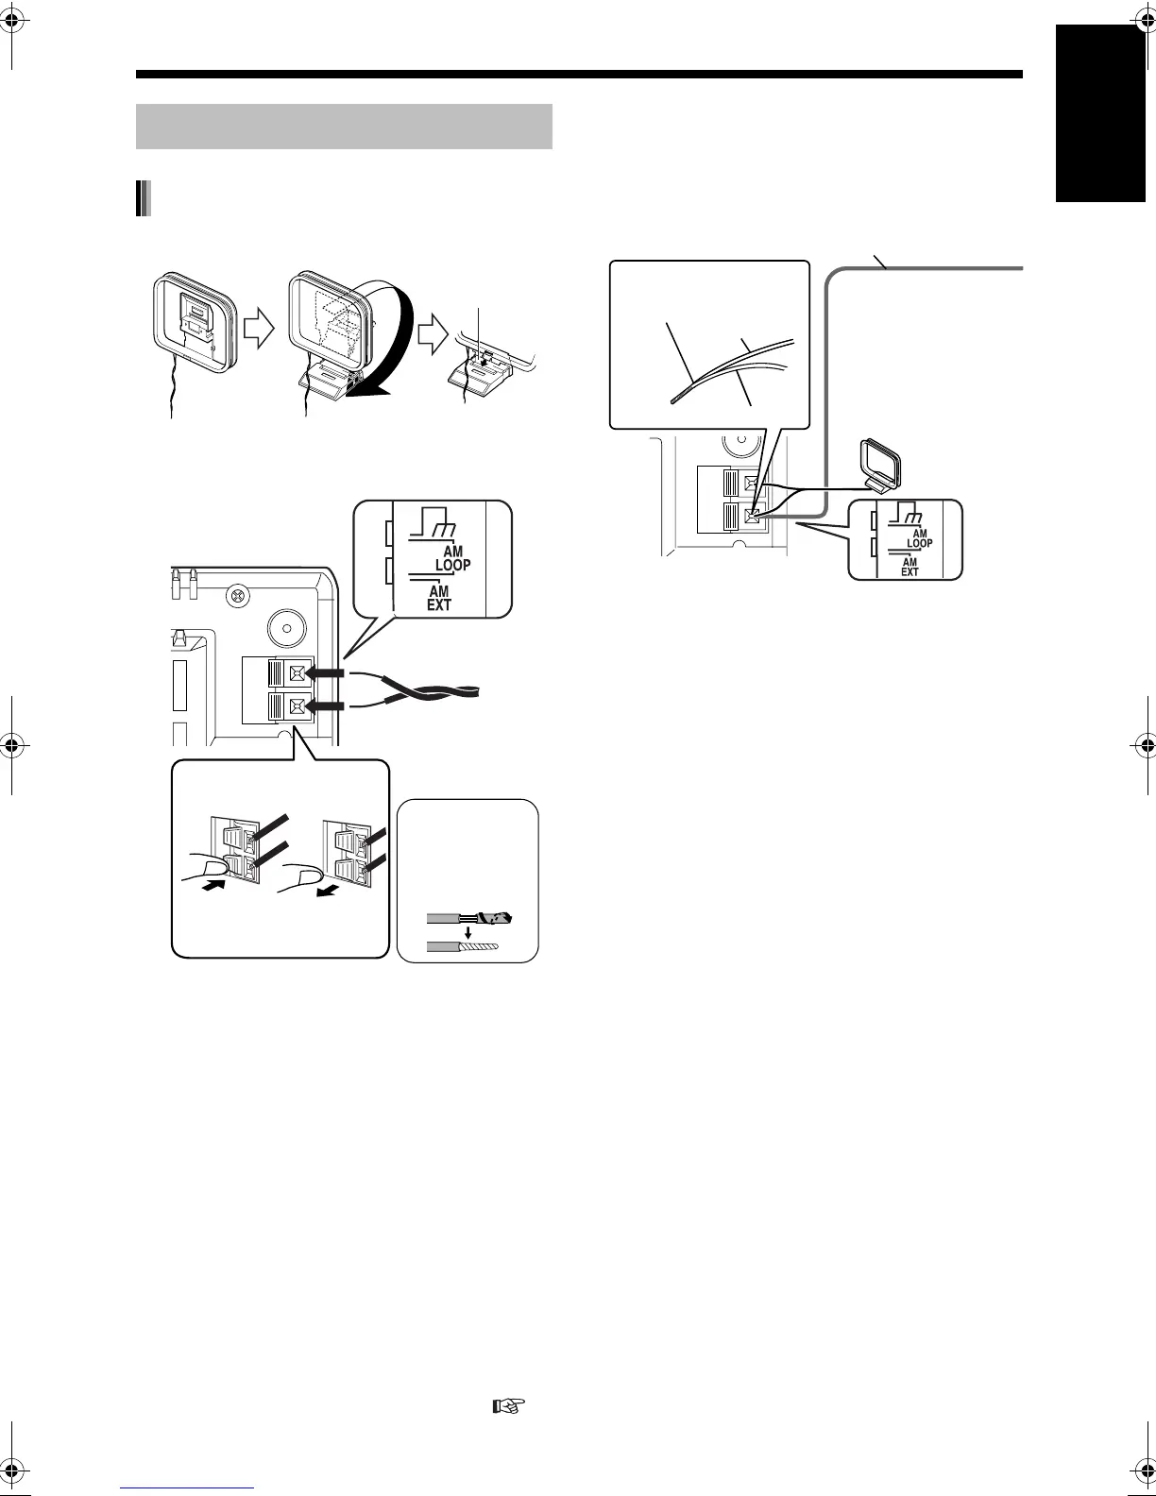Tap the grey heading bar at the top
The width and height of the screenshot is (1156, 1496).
coord(344,127)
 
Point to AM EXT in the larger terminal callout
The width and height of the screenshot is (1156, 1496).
coord(439,599)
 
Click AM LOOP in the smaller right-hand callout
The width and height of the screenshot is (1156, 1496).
coord(919,538)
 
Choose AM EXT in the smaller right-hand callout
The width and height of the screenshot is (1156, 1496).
coord(909,566)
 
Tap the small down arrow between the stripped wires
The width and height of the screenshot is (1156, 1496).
coord(468,932)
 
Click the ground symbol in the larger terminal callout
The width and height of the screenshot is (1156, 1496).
coord(434,523)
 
